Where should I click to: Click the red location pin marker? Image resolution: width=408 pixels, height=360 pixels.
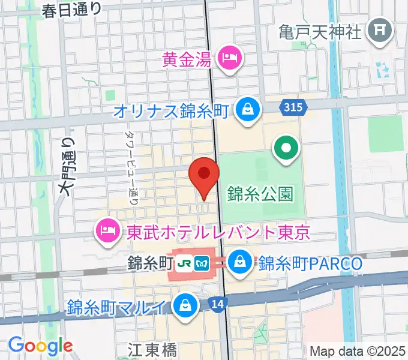[203, 175]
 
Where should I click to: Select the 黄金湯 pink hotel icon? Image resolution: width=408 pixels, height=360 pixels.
[230, 59]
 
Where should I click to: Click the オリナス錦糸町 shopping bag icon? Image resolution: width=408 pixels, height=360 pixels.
[246, 109]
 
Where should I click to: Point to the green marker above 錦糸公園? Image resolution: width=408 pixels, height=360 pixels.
[286, 147]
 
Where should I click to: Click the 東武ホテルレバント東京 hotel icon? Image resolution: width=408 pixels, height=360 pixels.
[108, 230]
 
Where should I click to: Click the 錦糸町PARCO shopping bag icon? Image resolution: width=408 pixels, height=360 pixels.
[240, 262]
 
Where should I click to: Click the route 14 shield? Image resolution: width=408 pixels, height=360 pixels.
[218, 305]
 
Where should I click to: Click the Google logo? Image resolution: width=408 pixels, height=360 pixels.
[40, 346]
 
